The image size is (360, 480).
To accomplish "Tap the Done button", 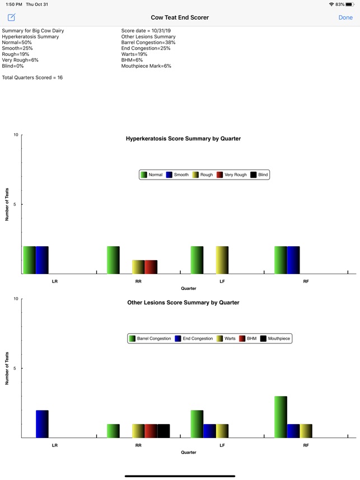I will [x=345, y=17].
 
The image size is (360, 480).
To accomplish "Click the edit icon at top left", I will [x=11, y=17].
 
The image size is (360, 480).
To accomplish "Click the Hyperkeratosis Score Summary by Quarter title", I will [x=183, y=139].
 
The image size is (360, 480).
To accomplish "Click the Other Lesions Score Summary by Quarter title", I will [x=183, y=303].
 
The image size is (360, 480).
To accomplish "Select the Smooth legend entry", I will [x=177, y=175].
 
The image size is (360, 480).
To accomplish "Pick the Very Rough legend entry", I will [x=231, y=175].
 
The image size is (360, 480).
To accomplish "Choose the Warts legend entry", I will [x=226, y=338].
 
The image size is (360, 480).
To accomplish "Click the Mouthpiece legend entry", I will [x=275, y=338].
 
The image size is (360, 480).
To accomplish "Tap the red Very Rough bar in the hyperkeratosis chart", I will [x=151, y=267].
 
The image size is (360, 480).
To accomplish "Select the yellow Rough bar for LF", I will [x=222, y=260].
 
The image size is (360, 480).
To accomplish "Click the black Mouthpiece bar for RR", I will [x=163, y=431].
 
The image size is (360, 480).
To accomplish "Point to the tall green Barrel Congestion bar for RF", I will [x=280, y=417].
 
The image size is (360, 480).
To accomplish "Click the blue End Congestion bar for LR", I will [x=42, y=424].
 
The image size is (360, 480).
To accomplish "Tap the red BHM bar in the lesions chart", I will [x=151, y=431].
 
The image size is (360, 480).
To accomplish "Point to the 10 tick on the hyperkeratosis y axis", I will [x=16, y=135].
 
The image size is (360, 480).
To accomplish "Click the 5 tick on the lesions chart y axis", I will [x=16, y=368].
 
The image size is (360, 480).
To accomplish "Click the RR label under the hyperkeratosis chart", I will [x=138, y=281].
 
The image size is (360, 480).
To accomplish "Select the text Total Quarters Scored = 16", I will [x=32, y=78].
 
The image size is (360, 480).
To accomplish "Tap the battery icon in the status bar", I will [x=349, y=4].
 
